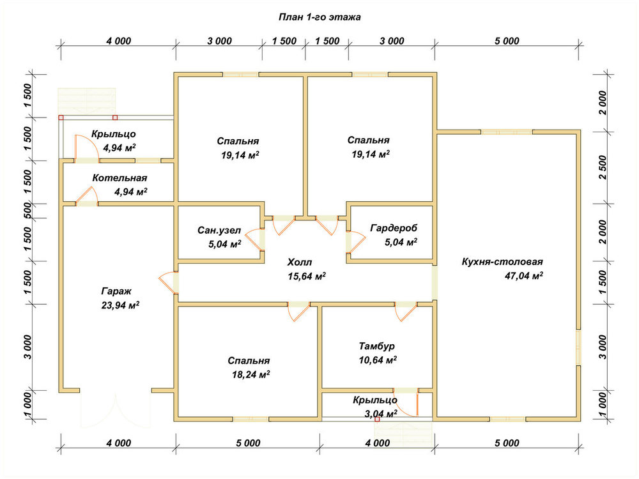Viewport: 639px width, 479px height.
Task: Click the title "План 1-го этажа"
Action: (x=319, y=17)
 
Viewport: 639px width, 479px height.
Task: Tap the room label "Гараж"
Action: (x=116, y=292)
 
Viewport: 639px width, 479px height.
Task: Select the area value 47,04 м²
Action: (x=524, y=276)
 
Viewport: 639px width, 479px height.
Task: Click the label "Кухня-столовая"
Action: (x=502, y=262)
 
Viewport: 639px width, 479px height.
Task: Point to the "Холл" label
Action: (x=300, y=262)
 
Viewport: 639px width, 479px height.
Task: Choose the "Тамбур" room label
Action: (x=377, y=346)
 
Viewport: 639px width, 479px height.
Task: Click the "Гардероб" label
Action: (x=394, y=228)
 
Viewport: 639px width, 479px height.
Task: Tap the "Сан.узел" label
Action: (x=219, y=231)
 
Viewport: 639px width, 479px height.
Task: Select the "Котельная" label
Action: (x=119, y=178)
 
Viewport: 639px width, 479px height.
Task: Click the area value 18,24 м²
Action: (x=251, y=375)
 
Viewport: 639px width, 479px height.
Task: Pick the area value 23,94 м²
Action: (x=120, y=305)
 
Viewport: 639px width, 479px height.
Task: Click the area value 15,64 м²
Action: (x=307, y=277)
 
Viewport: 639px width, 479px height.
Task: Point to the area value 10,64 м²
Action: (x=378, y=360)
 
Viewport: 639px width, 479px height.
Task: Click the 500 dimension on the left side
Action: (x=27, y=211)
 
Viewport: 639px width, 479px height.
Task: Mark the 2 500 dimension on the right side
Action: (x=603, y=167)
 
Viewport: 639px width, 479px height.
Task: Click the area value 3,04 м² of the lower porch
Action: (x=381, y=414)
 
